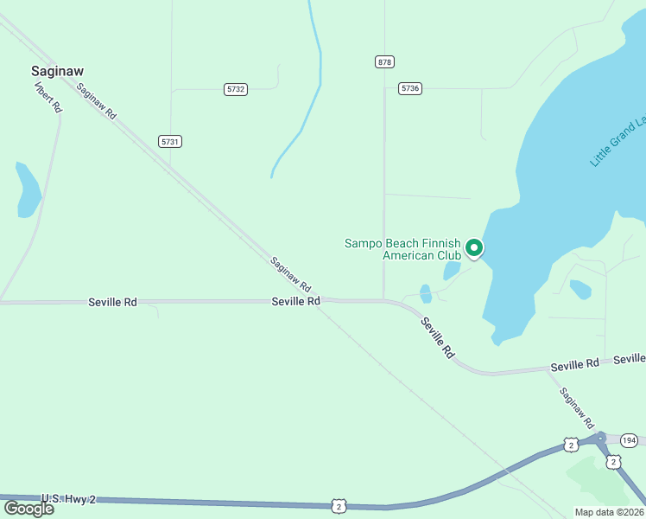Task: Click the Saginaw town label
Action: [61, 71]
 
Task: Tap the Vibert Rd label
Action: [48, 97]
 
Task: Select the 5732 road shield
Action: [235, 89]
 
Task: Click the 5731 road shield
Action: [170, 141]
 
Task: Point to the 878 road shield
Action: [384, 61]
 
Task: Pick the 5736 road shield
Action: [410, 88]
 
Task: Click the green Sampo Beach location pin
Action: [473, 248]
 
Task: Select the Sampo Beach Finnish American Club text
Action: [402, 249]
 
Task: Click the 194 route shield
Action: [629, 441]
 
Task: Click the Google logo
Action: [28, 509]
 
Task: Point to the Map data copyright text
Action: [609, 512]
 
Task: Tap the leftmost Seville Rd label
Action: [112, 302]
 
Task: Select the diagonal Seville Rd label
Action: [437, 337]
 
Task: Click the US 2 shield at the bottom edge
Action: [339, 505]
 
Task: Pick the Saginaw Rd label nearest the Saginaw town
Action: [96, 101]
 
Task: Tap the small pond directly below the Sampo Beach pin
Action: [452, 271]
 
